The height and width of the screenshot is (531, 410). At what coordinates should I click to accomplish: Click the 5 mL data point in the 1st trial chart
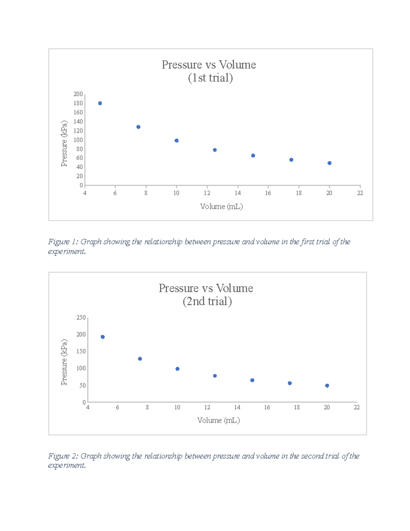click(100, 103)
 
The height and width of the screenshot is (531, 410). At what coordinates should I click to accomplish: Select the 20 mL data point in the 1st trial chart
click(329, 163)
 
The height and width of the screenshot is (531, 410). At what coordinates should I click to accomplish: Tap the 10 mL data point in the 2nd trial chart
click(177, 369)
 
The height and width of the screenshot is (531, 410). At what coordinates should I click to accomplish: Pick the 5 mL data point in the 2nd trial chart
click(102, 337)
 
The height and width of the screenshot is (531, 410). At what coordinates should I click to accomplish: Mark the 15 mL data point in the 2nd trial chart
click(252, 380)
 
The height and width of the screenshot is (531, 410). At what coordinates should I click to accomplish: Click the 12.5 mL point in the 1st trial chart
click(215, 150)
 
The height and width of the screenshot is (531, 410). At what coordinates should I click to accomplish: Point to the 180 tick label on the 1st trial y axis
click(78, 103)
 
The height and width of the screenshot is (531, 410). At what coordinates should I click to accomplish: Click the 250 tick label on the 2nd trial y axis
click(81, 318)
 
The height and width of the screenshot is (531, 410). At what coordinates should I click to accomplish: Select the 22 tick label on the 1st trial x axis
click(360, 193)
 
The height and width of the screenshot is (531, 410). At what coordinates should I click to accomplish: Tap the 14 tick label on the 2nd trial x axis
click(237, 408)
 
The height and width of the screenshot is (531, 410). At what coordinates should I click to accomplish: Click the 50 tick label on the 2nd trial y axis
click(82, 386)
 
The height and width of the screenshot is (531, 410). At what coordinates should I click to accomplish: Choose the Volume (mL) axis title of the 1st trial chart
click(221, 207)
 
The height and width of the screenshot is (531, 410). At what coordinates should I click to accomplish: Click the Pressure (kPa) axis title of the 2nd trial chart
click(64, 362)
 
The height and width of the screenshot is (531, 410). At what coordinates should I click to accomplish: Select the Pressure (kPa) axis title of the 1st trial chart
click(64, 144)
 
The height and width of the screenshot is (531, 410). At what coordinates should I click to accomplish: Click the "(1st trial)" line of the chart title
click(210, 78)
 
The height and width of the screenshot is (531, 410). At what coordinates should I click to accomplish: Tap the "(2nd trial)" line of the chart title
click(207, 302)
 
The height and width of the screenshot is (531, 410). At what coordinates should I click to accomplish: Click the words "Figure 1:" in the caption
click(63, 242)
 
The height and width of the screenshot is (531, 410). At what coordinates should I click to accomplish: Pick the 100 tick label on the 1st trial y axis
click(78, 140)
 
